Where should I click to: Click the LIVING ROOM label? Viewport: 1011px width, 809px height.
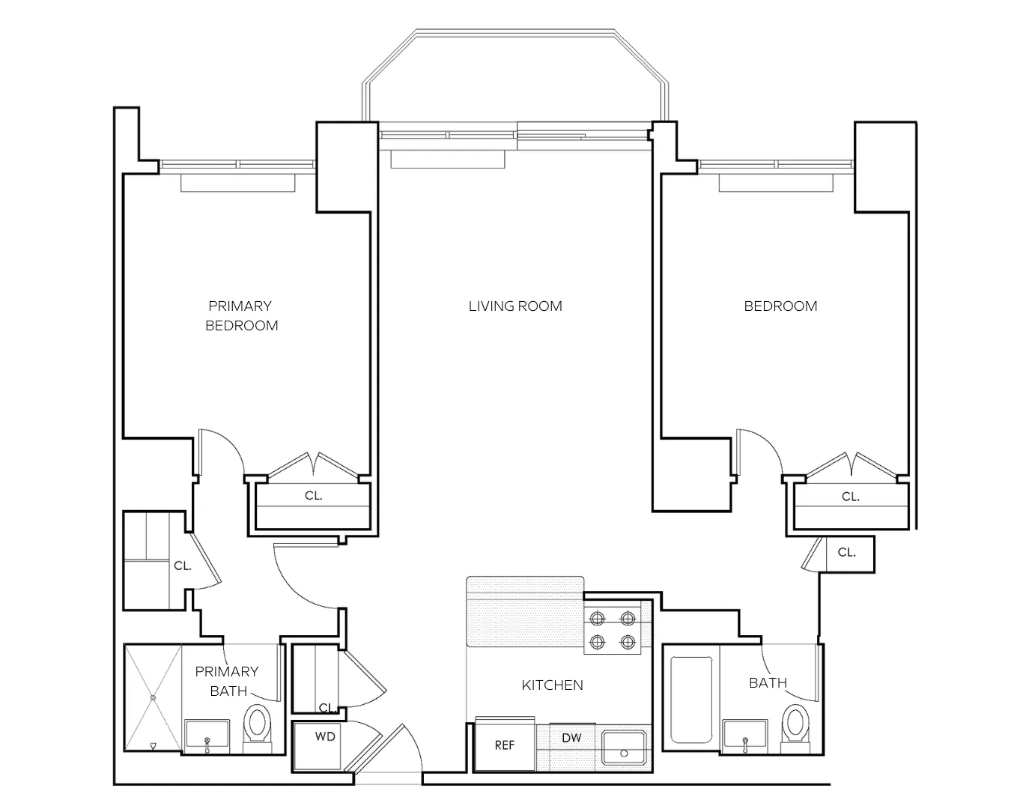(515, 306)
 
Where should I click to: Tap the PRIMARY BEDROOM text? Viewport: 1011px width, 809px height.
(241, 315)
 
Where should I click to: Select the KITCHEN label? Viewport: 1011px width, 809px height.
(552, 685)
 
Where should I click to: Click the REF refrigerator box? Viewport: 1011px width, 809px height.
(505, 745)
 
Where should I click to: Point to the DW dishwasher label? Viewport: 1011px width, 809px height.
(571, 738)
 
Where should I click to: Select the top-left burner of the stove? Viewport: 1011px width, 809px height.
(598, 619)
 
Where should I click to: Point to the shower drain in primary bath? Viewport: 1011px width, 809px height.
(153, 697)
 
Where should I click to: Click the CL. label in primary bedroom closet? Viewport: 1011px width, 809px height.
(313, 496)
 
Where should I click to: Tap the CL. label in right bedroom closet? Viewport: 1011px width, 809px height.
(850, 496)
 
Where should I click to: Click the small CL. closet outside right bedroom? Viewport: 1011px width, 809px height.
(846, 553)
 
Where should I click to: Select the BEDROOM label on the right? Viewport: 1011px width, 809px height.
(780, 306)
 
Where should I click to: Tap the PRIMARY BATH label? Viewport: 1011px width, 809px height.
(227, 681)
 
